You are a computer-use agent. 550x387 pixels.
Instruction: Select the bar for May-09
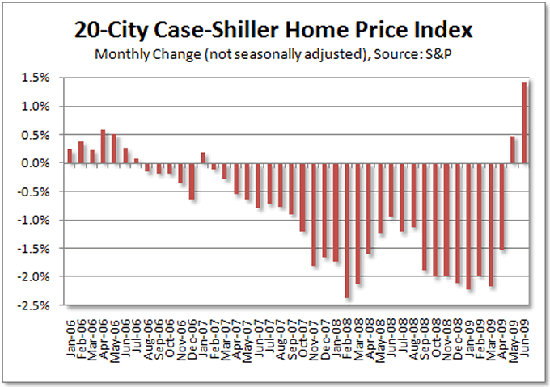pos(513,149)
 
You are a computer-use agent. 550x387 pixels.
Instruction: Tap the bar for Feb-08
pos(347,230)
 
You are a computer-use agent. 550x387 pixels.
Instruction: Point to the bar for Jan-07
pos(203,158)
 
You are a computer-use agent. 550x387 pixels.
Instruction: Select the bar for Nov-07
pos(314,214)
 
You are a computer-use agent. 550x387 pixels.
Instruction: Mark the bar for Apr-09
pos(501,206)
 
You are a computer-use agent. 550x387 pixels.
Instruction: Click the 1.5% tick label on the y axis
pos(44,78)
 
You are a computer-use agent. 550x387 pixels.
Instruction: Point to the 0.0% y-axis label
pos(44,163)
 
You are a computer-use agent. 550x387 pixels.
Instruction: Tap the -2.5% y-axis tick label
pos(43,305)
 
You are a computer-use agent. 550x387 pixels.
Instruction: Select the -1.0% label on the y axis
pos(43,220)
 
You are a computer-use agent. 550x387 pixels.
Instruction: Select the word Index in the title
pos(440,32)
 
